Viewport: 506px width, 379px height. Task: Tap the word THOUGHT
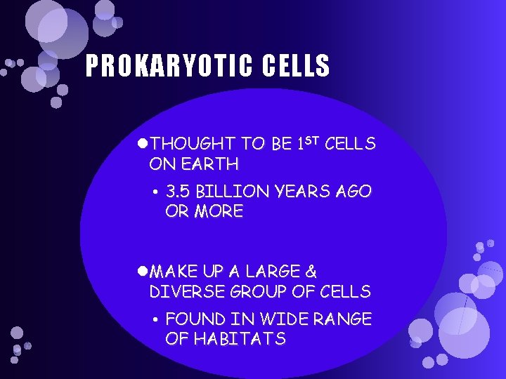pos(193,145)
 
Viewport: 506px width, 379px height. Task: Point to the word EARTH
pos(210,165)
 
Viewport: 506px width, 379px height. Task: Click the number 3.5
pos(179,192)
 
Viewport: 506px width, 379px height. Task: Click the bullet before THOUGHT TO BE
pos(143,145)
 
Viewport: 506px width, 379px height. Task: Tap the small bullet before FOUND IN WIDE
pos(154,320)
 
